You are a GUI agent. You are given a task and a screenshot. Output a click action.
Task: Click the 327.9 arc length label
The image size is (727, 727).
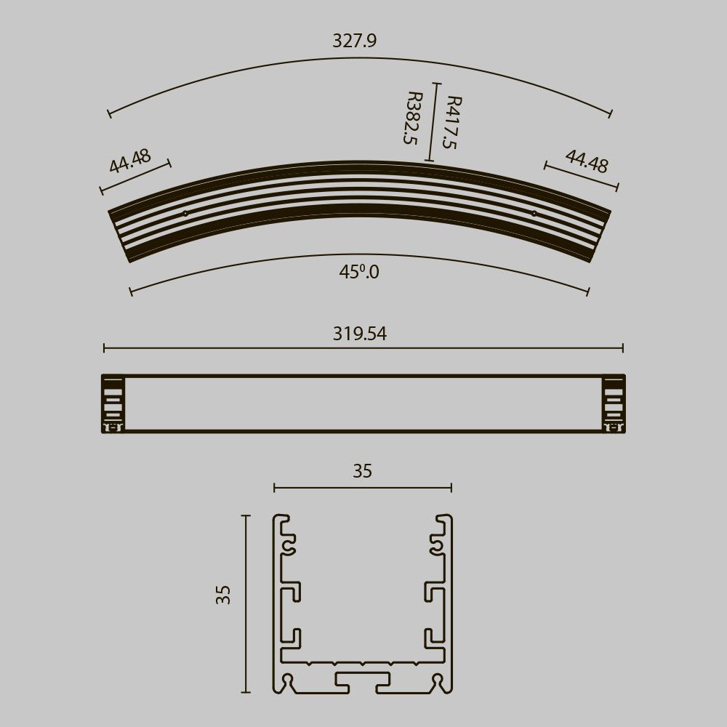[354, 41]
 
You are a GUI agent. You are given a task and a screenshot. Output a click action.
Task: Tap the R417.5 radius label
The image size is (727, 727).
[451, 122]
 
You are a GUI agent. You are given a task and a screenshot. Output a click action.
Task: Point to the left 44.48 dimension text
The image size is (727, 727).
[130, 161]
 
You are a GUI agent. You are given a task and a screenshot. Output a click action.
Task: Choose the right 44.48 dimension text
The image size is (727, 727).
[587, 161]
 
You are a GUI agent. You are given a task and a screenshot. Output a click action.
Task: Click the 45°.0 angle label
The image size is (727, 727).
[359, 272]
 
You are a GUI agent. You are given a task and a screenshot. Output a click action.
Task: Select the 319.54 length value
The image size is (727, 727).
[360, 334]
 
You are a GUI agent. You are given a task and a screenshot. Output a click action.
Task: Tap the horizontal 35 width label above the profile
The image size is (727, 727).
[362, 471]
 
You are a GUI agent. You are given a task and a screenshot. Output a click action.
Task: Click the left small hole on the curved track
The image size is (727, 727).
[185, 214]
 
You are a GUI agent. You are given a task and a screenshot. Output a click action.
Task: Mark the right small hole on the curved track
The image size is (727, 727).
[534, 214]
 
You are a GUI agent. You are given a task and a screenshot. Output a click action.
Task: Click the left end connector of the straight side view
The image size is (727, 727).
[112, 404]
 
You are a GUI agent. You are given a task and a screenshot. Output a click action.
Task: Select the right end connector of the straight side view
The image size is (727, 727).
[614, 404]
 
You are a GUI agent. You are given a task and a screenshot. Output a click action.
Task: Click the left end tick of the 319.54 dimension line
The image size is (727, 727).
[104, 348]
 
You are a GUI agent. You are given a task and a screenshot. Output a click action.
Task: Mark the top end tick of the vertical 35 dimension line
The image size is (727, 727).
[246, 515]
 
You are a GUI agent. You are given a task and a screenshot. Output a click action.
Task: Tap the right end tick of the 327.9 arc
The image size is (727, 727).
[610, 113]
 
